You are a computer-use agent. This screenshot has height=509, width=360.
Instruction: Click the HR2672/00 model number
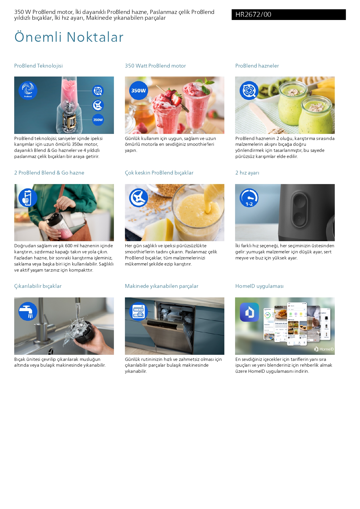(253, 14)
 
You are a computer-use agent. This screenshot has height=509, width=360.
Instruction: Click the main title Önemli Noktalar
(69, 37)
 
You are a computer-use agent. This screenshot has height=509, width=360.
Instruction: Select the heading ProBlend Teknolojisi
(39, 66)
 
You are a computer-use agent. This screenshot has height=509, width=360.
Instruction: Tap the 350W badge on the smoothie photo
(139, 90)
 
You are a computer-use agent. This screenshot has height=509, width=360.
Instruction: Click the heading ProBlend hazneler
(257, 66)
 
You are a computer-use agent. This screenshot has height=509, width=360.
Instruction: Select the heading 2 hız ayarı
(247, 173)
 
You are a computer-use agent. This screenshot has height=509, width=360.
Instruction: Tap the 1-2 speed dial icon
(249, 198)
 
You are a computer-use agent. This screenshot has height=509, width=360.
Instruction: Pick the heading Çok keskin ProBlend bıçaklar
(159, 173)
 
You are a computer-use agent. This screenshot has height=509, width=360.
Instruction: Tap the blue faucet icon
(28, 311)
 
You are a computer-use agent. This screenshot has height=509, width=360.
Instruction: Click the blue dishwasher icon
(139, 311)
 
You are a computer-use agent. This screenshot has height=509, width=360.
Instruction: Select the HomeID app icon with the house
(249, 312)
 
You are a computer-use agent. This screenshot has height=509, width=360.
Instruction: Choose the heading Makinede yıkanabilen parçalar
(162, 286)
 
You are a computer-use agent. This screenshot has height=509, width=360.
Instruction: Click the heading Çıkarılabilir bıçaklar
(38, 286)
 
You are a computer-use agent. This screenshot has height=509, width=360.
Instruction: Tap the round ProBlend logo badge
(28, 90)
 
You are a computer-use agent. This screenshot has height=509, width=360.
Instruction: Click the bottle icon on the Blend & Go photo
(28, 198)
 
